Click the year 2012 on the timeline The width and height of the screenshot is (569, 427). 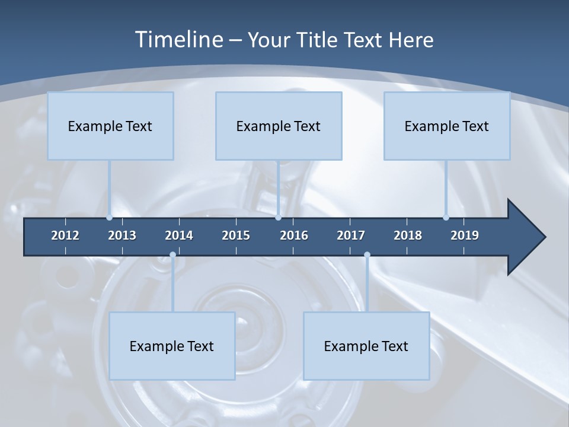point(65,235)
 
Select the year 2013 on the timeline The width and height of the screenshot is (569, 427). point(122,235)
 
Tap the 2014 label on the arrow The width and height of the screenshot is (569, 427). point(179,235)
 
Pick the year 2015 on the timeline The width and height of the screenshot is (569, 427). point(236,235)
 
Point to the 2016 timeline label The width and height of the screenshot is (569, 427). point(294,235)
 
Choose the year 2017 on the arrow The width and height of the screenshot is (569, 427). point(351,235)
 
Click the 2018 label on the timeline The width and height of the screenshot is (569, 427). point(408,235)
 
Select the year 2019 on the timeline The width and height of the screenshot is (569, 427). point(465,235)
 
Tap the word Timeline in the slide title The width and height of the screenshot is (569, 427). point(178,40)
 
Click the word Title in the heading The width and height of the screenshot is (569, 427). point(319,40)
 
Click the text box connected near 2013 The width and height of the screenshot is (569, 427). point(110,126)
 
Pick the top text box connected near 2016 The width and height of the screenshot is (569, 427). point(279,126)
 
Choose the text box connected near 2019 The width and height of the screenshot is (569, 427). point(447,126)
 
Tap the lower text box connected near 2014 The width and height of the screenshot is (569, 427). point(172,346)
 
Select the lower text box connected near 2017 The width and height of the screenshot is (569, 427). point(366,346)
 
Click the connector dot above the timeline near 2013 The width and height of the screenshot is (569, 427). point(109,218)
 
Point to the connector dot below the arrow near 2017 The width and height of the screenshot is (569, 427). point(367,255)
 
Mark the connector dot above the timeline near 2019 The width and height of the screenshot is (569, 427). point(446,218)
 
